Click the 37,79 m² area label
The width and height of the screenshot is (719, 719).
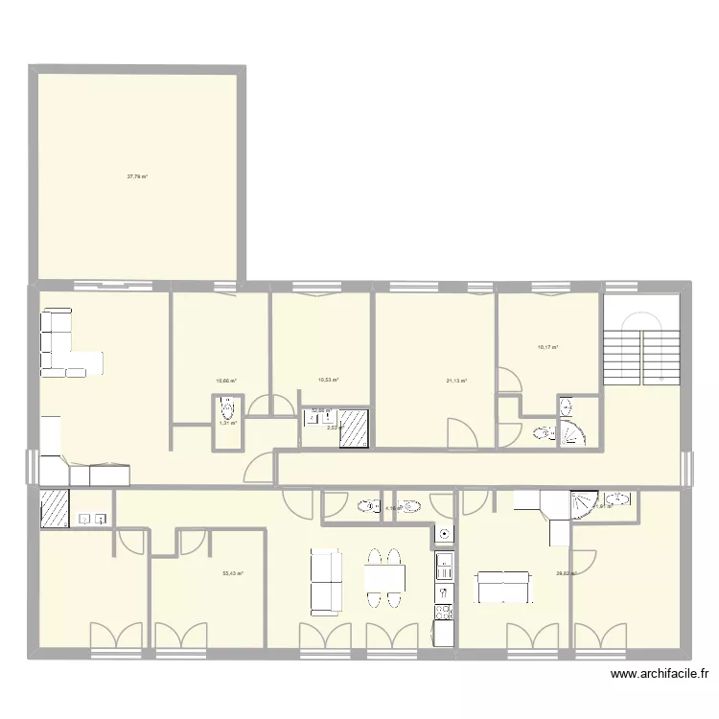coord(137,176)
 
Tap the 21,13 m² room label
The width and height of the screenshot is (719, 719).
coord(456,381)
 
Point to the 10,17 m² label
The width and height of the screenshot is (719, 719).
coord(547,348)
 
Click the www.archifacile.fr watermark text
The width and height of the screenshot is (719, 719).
coord(662,675)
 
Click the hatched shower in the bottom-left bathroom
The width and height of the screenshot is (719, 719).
coord(54,508)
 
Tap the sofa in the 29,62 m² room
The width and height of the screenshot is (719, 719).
coord(504,587)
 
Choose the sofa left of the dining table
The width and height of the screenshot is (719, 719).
coord(326,581)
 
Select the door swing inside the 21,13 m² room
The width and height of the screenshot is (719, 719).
coord(462,434)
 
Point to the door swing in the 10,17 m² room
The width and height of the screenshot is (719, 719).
coord(509,380)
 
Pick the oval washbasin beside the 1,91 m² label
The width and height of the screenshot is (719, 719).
coord(619,499)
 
